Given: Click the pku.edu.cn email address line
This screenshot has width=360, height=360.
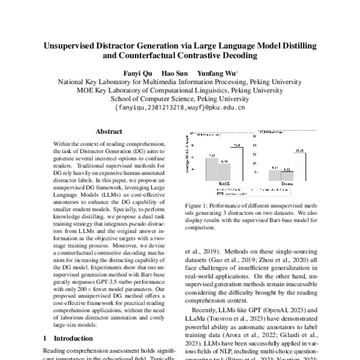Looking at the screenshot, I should click(x=179, y=109).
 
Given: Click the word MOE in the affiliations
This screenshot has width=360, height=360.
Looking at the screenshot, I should click(x=85, y=91).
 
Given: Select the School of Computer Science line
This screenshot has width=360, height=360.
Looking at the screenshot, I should click(x=179, y=100).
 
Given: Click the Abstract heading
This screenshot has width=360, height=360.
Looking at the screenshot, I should click(x=109, y=131).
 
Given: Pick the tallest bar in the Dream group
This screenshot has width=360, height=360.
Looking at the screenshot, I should click(x=300, y=165).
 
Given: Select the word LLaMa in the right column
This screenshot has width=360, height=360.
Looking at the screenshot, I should click(x=196, y=319).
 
